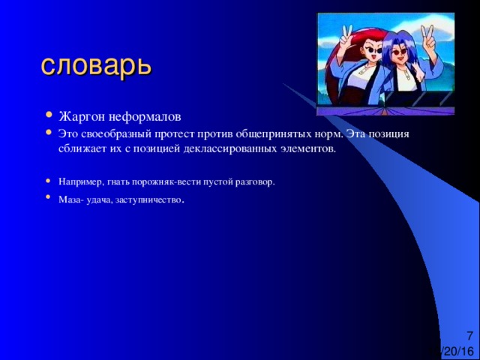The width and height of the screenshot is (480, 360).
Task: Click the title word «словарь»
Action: coord(97,66)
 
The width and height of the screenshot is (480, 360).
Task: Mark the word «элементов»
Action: coord(308,149)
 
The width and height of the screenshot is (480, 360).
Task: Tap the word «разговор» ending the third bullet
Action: coord(254,181)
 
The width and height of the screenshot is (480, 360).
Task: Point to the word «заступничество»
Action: coord(148,200)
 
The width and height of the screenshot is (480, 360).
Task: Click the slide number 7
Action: coord(469,335)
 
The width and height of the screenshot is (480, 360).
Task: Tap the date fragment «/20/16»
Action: coord(457,351)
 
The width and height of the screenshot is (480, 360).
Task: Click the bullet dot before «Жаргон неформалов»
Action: coord(48,115)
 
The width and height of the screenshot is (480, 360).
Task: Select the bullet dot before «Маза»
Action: coord(48,197)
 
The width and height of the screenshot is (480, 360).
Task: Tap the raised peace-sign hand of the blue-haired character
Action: coord(427,37)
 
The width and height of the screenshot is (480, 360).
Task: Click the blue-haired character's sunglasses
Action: coord(399,52)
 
